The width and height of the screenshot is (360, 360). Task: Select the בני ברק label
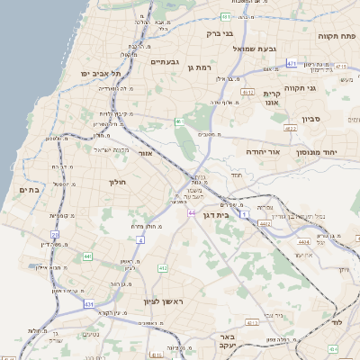click(220, 34)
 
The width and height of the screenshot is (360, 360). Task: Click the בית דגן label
click(238, 215)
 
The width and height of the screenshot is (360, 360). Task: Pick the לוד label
click(337, 321)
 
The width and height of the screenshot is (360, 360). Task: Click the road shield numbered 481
click(226, 16)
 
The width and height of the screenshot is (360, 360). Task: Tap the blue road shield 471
click(291, 64)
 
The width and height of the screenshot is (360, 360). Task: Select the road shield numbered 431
click(89, 305)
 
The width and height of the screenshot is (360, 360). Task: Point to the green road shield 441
click(87, 257)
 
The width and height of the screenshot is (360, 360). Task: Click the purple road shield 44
click(192, 212)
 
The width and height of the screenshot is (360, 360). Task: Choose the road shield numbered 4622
click(289, 130)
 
